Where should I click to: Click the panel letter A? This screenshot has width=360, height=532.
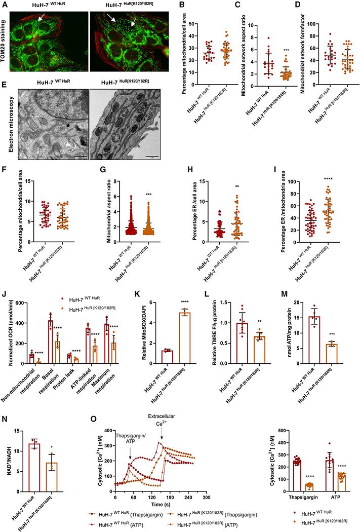pos(5,5)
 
